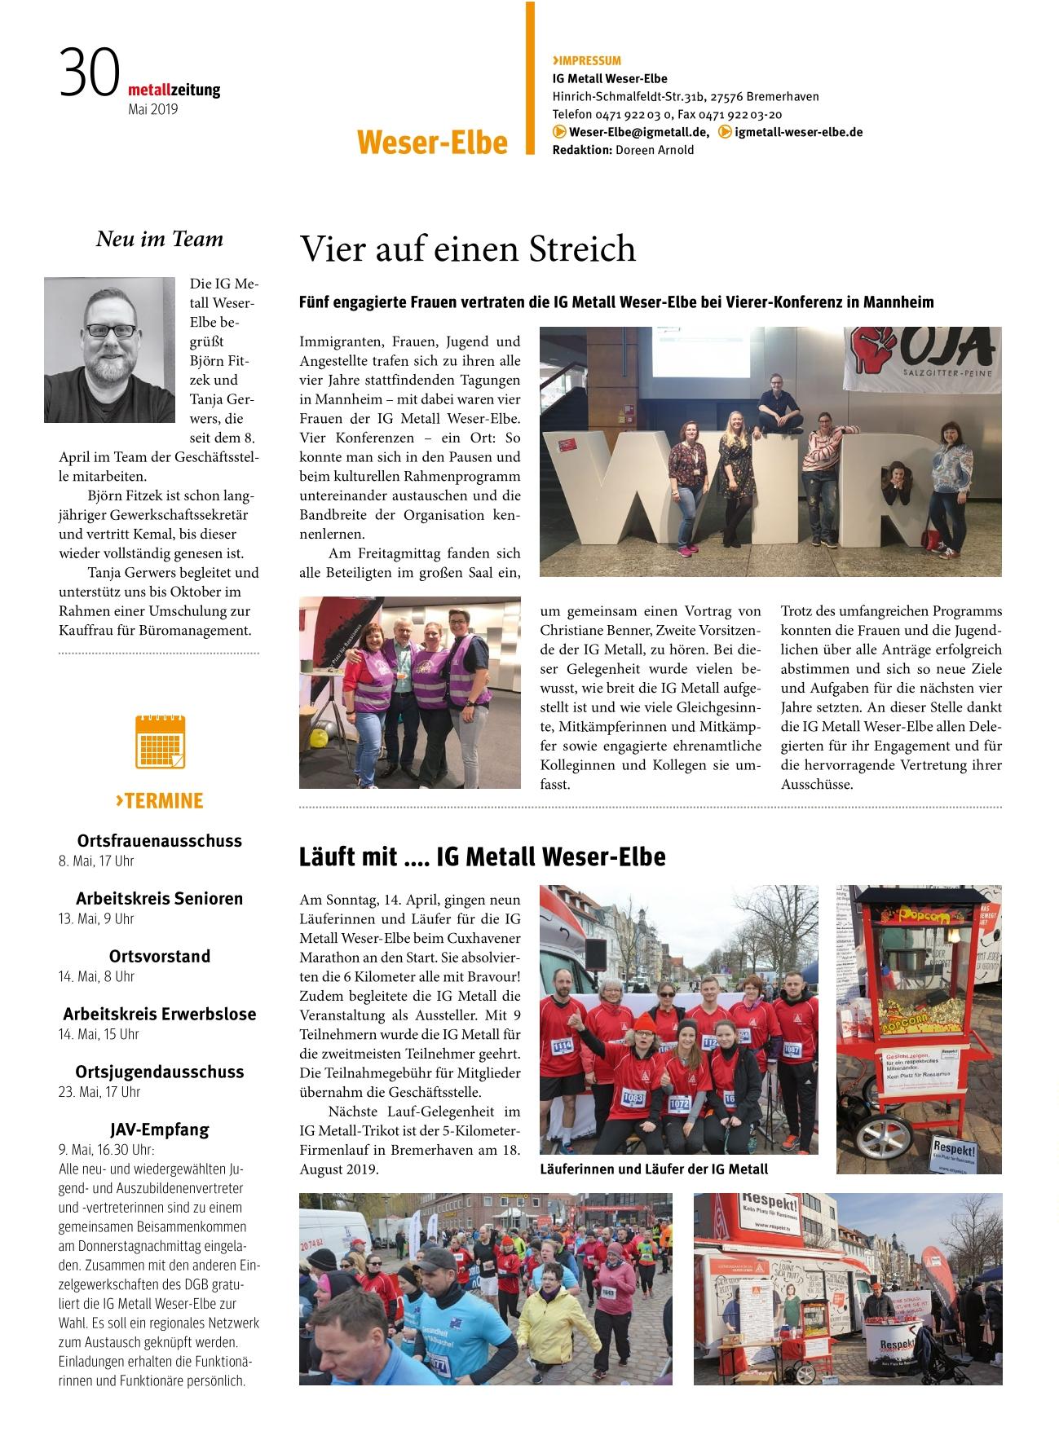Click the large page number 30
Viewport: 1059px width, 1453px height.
point(89,73)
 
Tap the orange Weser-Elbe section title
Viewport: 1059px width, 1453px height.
point(431,142)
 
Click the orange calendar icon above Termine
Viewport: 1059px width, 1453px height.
point(160,742)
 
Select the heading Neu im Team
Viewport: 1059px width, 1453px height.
point(159,239)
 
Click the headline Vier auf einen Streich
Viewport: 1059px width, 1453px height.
point(467,249)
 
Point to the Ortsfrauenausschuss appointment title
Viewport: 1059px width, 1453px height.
point(159,840)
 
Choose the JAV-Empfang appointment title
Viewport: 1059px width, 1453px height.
point(159,1129)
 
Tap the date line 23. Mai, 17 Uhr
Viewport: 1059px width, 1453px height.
point(99,1092)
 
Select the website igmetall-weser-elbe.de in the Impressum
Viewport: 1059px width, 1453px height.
point(798,132)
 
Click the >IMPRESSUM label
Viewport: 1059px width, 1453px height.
point(586,60)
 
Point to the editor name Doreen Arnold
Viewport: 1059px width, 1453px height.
point(655,150)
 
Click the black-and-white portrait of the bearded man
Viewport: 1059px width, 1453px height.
point(109,350)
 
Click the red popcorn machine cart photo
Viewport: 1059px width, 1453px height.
point(918,1028)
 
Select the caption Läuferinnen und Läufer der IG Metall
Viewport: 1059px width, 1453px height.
point(654,1169)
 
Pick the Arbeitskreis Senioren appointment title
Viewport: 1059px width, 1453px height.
point(159,898)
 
